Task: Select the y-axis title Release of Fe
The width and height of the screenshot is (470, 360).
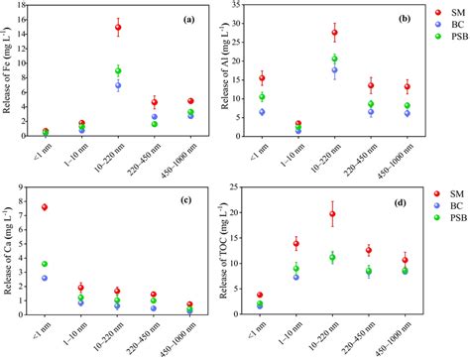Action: [9, 74]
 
